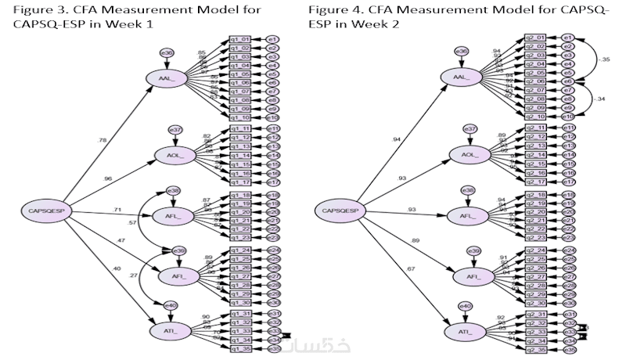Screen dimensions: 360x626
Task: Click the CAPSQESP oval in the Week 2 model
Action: coord(341,210)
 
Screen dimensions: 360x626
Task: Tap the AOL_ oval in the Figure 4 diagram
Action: coord(469,155)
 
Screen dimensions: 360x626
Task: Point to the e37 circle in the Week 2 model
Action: coord(469,128)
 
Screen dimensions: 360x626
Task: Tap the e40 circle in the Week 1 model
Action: coord(169,306)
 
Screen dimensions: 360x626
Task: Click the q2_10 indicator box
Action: coord(535,116)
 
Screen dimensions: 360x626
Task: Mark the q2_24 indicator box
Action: coord(535,250)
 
